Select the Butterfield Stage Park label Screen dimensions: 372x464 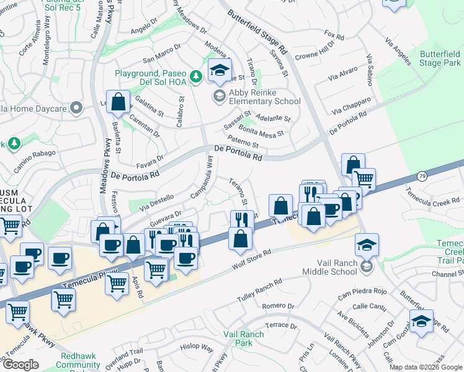[439, 59]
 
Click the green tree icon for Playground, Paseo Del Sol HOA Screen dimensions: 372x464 [196, 76]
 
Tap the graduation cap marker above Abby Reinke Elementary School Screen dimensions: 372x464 [219, 71]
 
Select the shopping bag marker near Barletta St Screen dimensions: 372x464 [118, 102]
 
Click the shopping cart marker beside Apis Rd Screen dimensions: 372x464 [116, 283]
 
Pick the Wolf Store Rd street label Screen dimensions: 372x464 [252, 259]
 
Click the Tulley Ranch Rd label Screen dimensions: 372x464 [260, 290]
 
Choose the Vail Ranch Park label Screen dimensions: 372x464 [244, 338]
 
